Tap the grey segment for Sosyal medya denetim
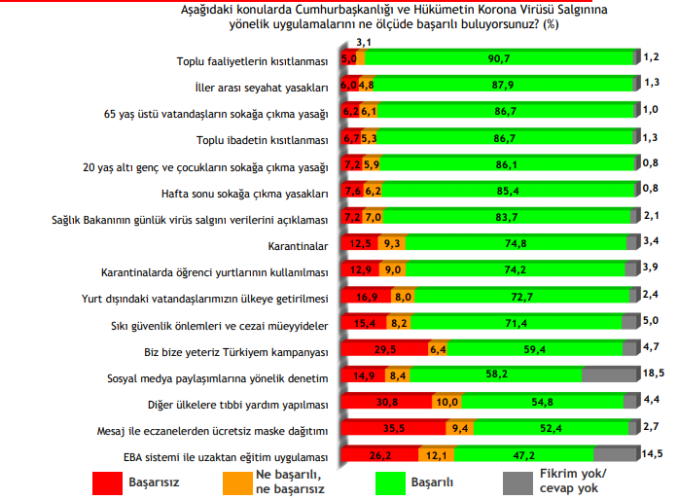pos(610,374)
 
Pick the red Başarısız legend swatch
pos(106,482)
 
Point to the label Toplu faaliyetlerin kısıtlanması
pos(252,60)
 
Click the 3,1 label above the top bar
pos(365,43)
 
